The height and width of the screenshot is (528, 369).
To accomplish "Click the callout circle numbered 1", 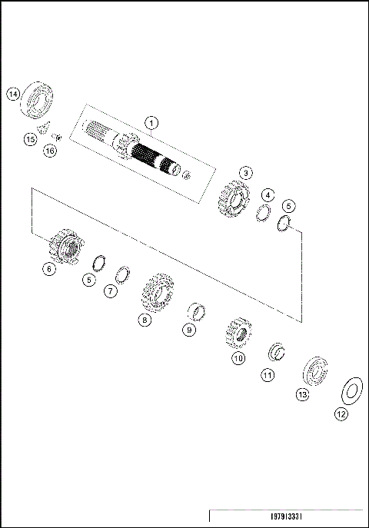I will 152,123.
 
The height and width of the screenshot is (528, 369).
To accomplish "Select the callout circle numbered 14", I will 12,94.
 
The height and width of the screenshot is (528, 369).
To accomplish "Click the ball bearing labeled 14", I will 38,97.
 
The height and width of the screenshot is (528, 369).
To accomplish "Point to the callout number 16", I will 50,151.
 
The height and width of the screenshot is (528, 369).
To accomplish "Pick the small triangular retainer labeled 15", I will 43,126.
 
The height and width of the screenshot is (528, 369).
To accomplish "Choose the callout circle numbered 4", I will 266,195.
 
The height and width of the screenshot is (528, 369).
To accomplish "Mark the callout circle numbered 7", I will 111,291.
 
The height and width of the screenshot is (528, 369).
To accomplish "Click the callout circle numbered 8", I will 144,320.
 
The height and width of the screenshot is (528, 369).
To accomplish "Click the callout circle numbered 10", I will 238,358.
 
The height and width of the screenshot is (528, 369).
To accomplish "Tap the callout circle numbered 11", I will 268,376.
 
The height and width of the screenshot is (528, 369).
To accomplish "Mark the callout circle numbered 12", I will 341,414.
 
